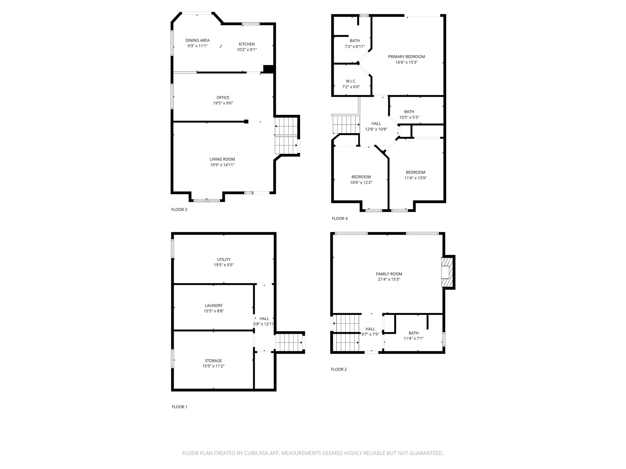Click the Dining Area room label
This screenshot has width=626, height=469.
click(x=197, y=40)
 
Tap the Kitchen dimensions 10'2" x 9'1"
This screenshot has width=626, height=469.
click(x=247, y=50)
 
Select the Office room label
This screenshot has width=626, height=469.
click(x=223, y=98)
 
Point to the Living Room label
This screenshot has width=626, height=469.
click(x=222, y=160)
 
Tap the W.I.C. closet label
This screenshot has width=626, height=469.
click(x=351, y=81)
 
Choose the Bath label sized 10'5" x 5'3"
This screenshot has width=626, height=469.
click(x=409, y=112)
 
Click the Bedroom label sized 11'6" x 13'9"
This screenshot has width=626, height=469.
click(x=415, y=172)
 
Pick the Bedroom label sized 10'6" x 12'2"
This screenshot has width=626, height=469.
click(x=361, y=177)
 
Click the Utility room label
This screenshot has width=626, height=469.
click(x=224, y=259)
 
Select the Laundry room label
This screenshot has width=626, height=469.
click(x=214, y=306)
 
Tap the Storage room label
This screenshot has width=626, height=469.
click(x=213, y=361)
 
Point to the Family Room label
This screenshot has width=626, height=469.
click(x=389, y=274)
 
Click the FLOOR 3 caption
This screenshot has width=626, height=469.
click(x=179, y=210)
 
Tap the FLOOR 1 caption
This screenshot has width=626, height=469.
click(x=179, y=407)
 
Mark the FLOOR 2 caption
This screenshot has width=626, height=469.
click(x=339, y=369)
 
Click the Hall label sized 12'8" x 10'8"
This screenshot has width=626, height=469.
click(x=376, y=124)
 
